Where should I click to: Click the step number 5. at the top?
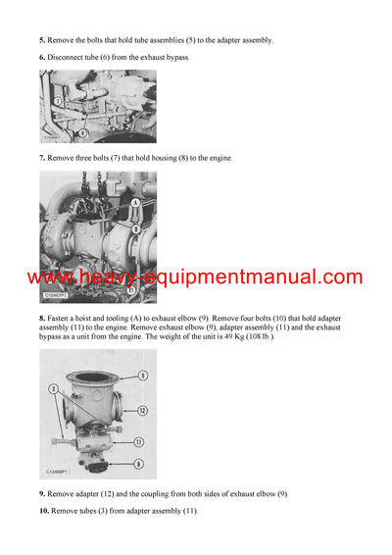pyautogui.click(x=42, y=40)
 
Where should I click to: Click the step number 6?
pyautogui.click(x=42, y=58)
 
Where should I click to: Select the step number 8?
pyautogui.click(x=42, y=319)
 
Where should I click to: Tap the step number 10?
pyautogui.click(x=44, y=511)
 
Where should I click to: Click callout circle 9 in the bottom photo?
pyautogui.click(x=142, y=375)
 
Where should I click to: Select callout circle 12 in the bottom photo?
pyautogui.click(x=142, y=410)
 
